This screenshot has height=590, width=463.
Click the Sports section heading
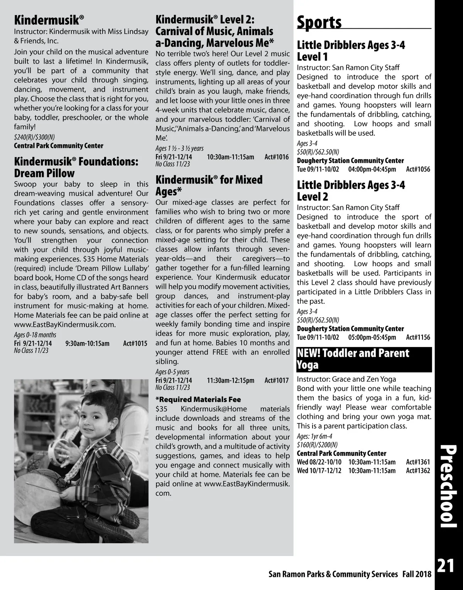[319, 22]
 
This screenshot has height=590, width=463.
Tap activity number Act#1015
[135, 343]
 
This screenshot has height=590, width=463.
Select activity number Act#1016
[277, 157]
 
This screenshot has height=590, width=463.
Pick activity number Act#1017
[277, 381]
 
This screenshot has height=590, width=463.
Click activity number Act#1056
[418, 169]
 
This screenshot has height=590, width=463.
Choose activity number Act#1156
[418, 337]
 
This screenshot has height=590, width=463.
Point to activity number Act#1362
[418, 471]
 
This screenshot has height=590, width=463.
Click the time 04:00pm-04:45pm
[372, 169]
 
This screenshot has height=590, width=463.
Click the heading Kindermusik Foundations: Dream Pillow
[76, 167]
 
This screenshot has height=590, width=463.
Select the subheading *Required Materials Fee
[198, 400]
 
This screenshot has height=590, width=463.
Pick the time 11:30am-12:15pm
[230, 381]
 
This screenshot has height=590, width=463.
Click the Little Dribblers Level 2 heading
[351, 191]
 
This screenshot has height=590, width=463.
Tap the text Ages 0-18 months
[35, 335]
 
